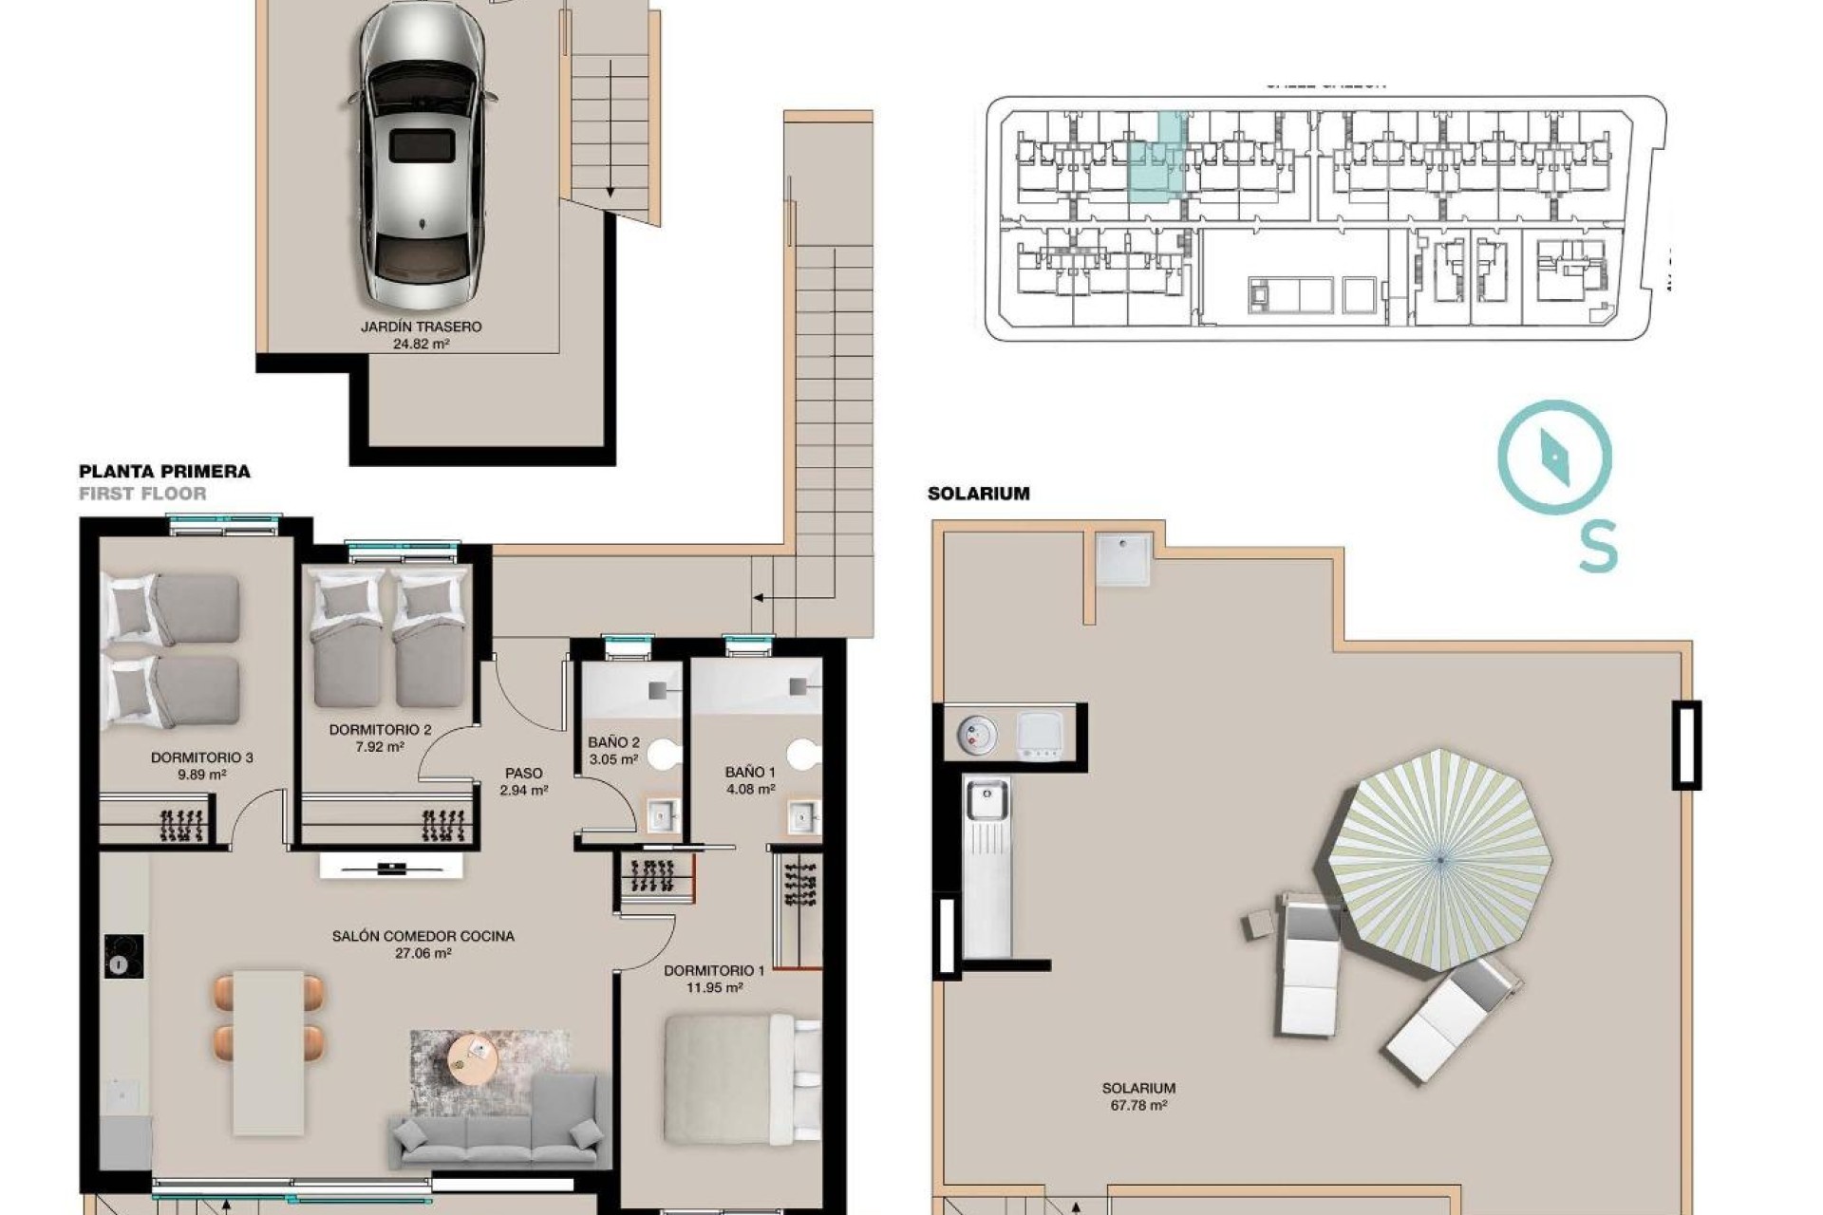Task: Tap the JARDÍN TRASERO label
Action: [421, 327]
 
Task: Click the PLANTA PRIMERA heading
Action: [164, 472]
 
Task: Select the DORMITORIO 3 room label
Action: [201, 757]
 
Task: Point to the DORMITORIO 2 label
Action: [380, 730]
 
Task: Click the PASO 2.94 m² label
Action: [523, 781]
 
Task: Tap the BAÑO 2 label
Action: [613, 742]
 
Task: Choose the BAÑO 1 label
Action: [750, 772]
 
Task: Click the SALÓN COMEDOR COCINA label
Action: [423, 936]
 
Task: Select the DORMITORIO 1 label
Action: [714, 971]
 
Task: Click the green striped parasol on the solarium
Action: [1439, 859]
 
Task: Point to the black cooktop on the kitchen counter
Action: [123, 956]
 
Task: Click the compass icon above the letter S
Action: [1554, 458]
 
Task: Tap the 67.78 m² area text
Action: [1138, 1106]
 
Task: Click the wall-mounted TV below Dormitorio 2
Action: [390, 867]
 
